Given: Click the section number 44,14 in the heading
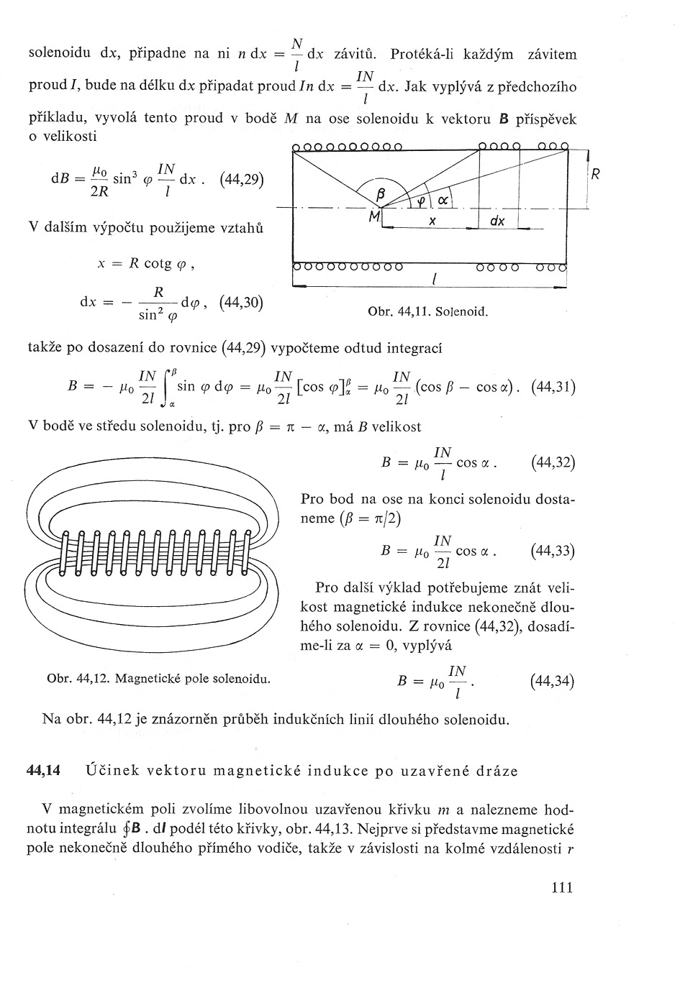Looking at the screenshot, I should pyautogui.click(x=42, y=771).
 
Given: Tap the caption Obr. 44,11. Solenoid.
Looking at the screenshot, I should pyautogui.click(x=427, y=312).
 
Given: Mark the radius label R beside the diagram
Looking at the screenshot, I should pyautogui.click(x=595, y=174).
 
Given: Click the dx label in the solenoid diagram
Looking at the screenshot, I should pyautogui.click(x=497, y=221).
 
